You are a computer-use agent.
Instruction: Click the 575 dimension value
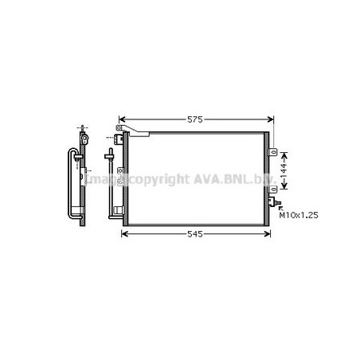click(x=195, y=119)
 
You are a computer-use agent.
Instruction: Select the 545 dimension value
click(x=195, y=234)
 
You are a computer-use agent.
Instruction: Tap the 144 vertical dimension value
click(x=284, y=170)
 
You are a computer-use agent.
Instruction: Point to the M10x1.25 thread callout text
click(x=299, y=215)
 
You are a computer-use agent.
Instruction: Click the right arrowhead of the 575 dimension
click(x=271, y=119)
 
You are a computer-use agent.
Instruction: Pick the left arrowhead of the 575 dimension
click(x=122, y=119)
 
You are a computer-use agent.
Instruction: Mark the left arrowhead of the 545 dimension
click(x=124, y=234)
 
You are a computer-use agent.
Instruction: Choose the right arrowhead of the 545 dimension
click(x=268, y=234)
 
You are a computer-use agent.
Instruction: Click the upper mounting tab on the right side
click(x=273, y=152)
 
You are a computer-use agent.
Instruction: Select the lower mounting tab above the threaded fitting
click(x=273, y=190)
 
